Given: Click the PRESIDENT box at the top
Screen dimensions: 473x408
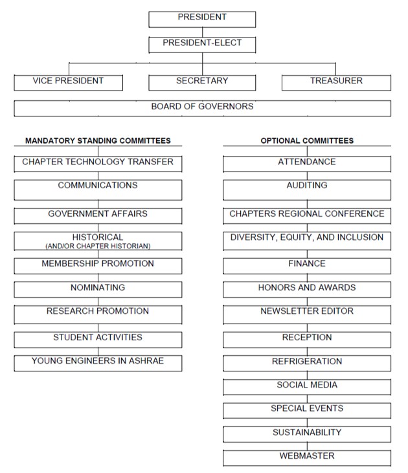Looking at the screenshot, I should (202, 19).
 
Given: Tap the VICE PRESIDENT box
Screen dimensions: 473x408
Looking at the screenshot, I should (69, 82).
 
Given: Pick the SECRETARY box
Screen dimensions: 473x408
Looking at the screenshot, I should (202, 82).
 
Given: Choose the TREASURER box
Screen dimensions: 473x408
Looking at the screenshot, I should (336, 82).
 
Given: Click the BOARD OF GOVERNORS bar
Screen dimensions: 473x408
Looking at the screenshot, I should (202, 107).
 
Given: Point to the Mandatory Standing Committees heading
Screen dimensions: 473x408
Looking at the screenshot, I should (98, 140).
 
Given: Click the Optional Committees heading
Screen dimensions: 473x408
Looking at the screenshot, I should (307, 140).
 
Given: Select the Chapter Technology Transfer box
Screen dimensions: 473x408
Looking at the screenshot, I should (98, 163).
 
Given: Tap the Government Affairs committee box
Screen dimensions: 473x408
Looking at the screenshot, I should (98, 215).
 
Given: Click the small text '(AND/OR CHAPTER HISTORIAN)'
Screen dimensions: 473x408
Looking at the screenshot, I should (98, 247).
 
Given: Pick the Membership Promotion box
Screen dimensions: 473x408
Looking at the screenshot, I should (98, 265).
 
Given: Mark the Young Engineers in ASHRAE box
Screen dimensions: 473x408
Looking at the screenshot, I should (98, 362).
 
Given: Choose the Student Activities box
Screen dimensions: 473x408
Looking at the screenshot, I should (98, 338).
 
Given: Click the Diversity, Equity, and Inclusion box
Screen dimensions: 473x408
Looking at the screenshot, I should (307, 240).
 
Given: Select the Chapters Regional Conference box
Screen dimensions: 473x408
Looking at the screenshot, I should (307, 215).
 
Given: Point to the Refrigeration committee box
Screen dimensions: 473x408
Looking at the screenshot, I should (307, 362).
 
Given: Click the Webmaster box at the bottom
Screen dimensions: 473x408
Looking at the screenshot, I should (307, 457).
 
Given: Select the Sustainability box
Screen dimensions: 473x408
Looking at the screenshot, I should (307, 434).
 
